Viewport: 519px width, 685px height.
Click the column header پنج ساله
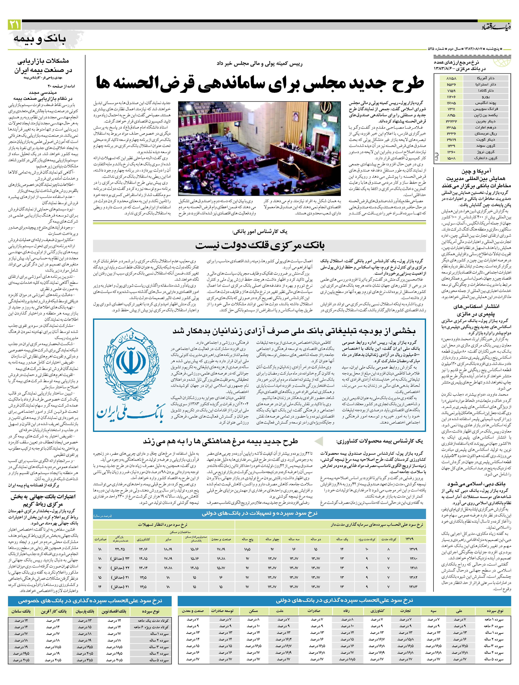coord(247,539)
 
